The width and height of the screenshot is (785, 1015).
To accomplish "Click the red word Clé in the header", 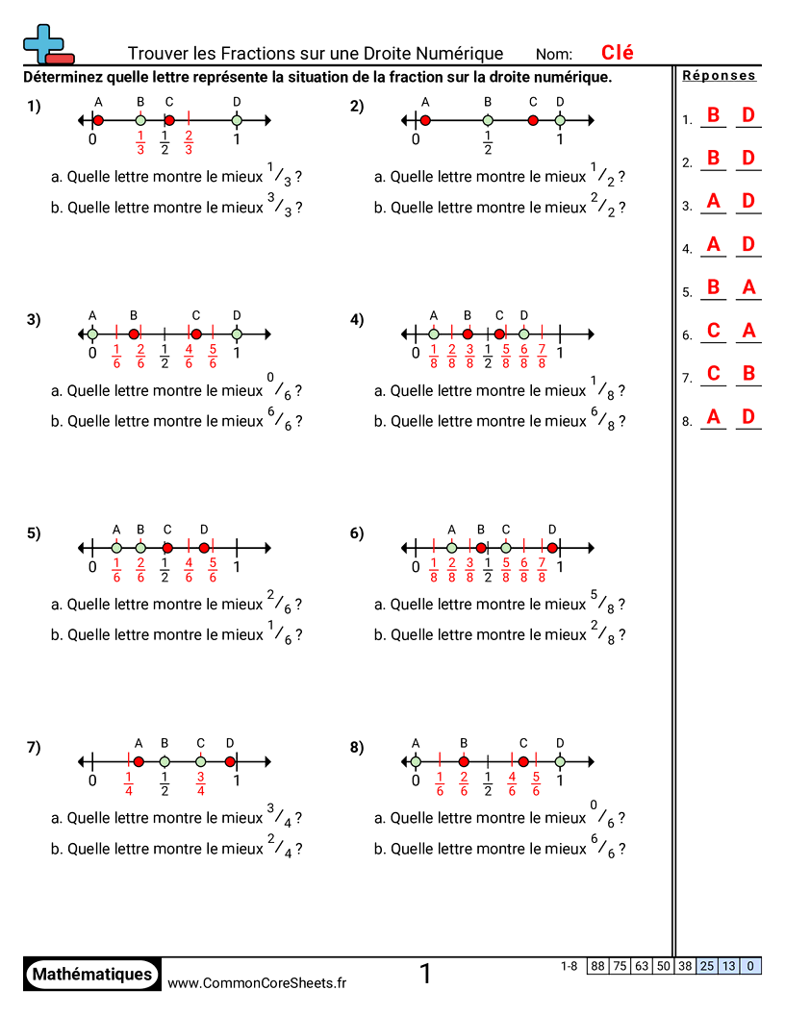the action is [x=617, y=53].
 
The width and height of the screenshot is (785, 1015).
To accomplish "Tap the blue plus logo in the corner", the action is [x=47, y=44].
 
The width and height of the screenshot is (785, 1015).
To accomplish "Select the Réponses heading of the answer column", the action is [x=719, y=76].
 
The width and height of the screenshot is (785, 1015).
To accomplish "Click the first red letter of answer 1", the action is [x=713, y=115].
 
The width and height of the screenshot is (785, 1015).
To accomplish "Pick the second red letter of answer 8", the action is [x=747, y=417].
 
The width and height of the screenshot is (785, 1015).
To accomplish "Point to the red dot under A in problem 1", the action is [x=98, y=120].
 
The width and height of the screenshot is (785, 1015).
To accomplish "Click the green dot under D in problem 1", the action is [x=237, y=120].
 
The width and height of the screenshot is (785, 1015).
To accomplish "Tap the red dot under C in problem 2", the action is [x=533, y=120].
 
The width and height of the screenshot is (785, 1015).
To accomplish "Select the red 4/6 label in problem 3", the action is [x=189, y=356].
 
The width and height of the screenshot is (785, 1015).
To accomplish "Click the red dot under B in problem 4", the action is [x=468, y=334].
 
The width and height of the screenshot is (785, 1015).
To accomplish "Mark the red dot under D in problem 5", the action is [x=204, y=548].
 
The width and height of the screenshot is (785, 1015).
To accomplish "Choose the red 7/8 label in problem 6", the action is [x=542, y=570].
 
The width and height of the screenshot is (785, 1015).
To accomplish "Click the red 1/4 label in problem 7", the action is [x=129, y=784].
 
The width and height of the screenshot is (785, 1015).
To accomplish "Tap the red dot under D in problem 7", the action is [x=230, y=762].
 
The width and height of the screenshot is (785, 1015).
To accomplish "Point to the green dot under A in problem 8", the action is [x=416, y=762].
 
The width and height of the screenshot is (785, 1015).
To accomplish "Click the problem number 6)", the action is [x=357, y=534].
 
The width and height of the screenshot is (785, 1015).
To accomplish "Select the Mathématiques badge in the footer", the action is [x=92, y=975].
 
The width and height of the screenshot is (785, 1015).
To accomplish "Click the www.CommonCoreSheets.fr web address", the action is [x=257, y=982].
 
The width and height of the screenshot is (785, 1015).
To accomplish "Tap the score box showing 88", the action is [x=598, y=966].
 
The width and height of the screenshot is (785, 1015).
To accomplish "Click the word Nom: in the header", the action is [x=554, y=55].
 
